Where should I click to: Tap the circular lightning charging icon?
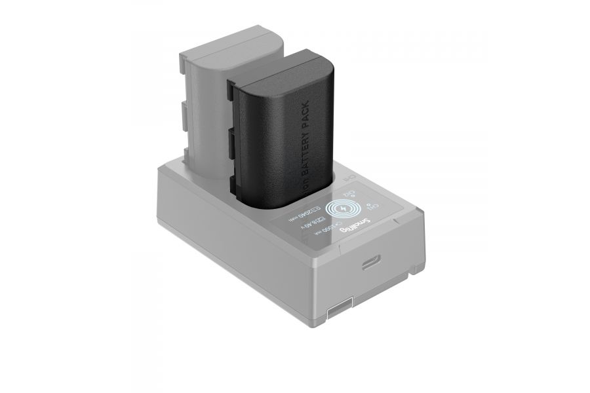tap(343, 208)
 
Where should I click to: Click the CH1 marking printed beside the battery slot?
tap(349, 178)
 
